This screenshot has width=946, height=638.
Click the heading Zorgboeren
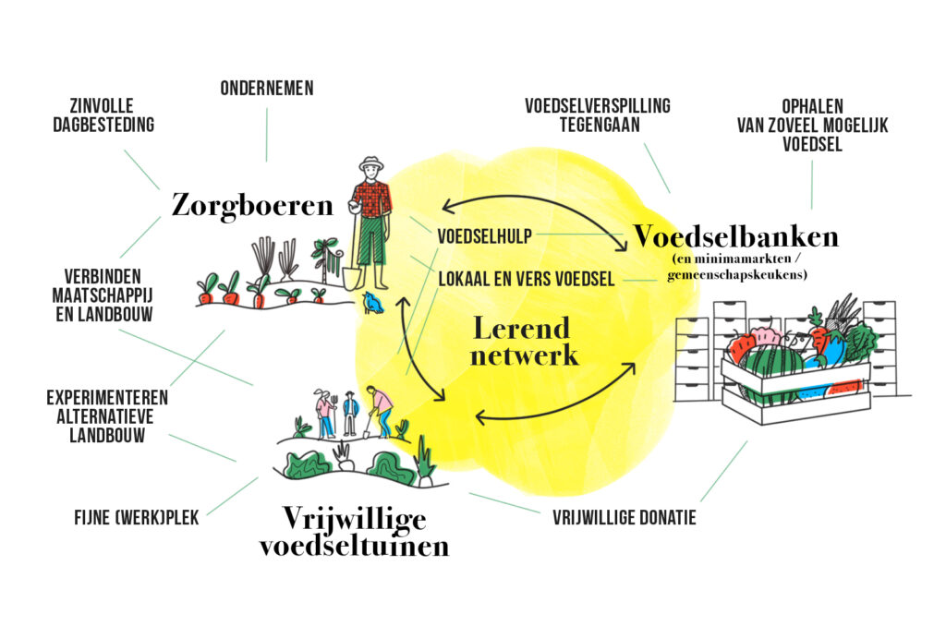pyautogui.click(x=251, y=205)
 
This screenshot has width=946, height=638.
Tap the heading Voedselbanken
pyautogui.click(x=735, y=237)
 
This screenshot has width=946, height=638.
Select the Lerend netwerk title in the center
pyautogui.click(x=523, y=341)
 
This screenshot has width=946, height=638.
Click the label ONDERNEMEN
pyautogui.click(x=267, y=89)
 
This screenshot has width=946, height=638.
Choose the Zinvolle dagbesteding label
pyautogui.click(x=103, y=114)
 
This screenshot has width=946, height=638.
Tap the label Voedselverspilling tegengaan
pyautogui.click(x=598, y=115)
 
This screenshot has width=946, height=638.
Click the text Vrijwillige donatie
pyautogui.click(x=625, y=518)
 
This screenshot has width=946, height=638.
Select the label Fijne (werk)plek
pyautogui.click(x=137, y=518)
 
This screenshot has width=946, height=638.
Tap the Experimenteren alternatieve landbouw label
pyautogui.click(x=107, y=416)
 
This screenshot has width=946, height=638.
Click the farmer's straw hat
pyautogui.click(x=371, y=165)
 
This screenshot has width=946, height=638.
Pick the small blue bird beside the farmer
pyautogui.click(x=372, y=302)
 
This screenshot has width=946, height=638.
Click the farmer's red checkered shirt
pyautogui.click(x=372, y=199)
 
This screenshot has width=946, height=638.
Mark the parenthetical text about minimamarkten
pyautogui.click(x=736, y=268)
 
